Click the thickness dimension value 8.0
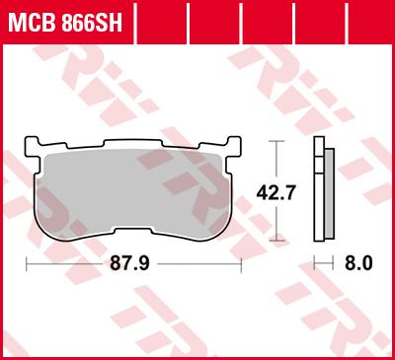pos(358,263)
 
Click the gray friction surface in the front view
pos(133,187)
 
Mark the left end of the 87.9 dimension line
pos(25,263)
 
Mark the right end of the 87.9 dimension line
pos(242,263)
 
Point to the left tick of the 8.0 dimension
pos(314,263)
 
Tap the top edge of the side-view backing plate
pos(317,140)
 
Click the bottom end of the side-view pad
pos(319,239)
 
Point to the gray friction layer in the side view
pos(327,192)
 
